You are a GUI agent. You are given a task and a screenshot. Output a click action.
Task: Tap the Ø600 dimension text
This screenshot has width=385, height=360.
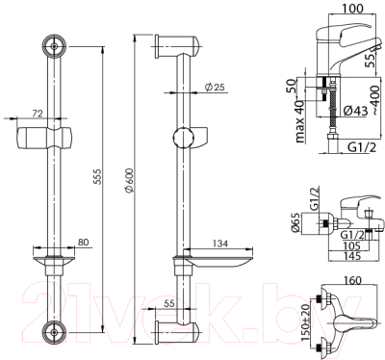pyautogui.click(x=129, y=180)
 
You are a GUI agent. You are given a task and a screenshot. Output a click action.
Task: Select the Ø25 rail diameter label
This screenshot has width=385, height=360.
pyautogui.click(x=215, y=87)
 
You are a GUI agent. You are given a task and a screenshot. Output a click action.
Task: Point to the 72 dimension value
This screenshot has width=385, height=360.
pyautogui.click(x=38, y=114)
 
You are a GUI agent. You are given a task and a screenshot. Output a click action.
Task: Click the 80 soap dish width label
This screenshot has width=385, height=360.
pyautogui.click(x=83, y=243)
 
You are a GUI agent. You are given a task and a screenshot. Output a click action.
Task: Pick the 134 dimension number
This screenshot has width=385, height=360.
pyautogui.click(x=219, y=244)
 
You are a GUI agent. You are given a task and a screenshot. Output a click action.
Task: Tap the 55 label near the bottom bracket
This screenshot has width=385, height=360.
pyautogui.click(x=168, y=303)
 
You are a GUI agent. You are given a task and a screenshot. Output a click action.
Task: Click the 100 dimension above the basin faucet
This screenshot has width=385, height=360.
pyautogui.click(x=353, y=9)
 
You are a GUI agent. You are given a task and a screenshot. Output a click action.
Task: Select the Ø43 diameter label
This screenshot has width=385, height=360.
pyautogui.click(x=355, y=111)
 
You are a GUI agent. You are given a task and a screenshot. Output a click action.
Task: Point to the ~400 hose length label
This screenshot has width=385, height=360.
pyautogui.click(x=376, y=100)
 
